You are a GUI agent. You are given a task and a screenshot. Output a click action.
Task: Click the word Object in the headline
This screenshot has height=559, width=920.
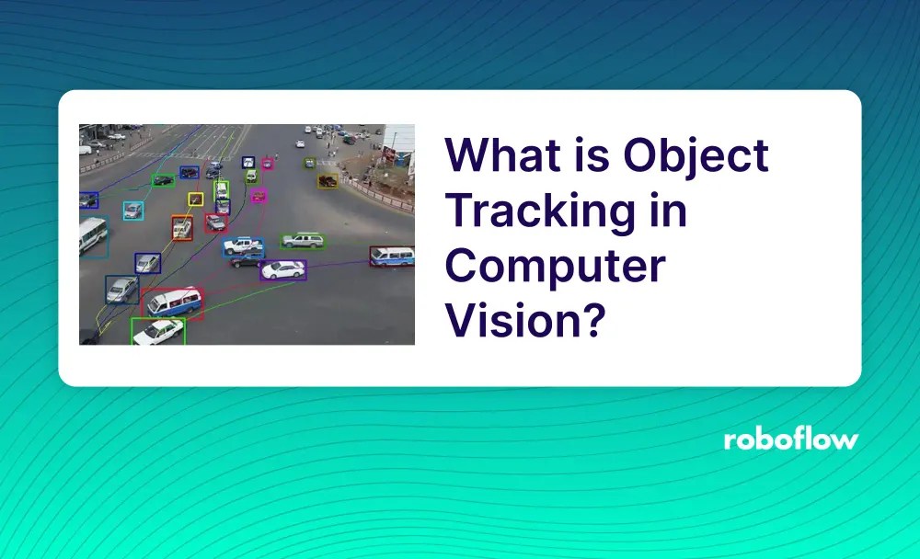coord(696,156)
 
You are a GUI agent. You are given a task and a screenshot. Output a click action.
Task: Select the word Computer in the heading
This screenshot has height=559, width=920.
coord(556,267)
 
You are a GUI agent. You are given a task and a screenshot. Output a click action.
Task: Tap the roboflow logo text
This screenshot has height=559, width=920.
coord(790,439)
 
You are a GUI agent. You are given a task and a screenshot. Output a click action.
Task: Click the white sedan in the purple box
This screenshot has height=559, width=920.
coord(282,269)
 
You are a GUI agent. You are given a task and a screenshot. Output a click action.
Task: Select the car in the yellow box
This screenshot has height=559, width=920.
coord(195,199)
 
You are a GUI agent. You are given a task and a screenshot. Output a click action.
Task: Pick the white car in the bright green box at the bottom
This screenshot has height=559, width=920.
coord(157,331)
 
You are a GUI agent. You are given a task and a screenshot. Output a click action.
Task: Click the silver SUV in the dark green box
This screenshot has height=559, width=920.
coord(303,241)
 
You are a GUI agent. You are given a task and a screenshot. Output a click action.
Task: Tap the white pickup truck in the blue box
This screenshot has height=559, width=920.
coord(243,245)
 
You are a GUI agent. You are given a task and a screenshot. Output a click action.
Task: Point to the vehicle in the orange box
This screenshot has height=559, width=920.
coord(182,227)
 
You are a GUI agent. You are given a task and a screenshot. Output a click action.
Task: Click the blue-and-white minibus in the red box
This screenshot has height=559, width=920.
coord(173,302)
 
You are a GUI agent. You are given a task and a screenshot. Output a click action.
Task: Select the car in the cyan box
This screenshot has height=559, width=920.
coord(133,211)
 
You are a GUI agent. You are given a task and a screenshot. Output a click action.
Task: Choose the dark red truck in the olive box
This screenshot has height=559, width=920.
coord(328,181)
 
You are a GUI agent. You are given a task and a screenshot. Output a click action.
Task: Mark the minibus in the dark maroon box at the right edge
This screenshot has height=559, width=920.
coord(391,256)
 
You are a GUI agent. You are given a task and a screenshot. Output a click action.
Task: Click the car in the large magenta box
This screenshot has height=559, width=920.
coord(259,195)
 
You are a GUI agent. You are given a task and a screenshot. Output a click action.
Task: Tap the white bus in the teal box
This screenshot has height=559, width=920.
coord(92,236)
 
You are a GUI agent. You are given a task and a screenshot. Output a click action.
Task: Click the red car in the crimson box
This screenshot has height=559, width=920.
coord(215,222)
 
